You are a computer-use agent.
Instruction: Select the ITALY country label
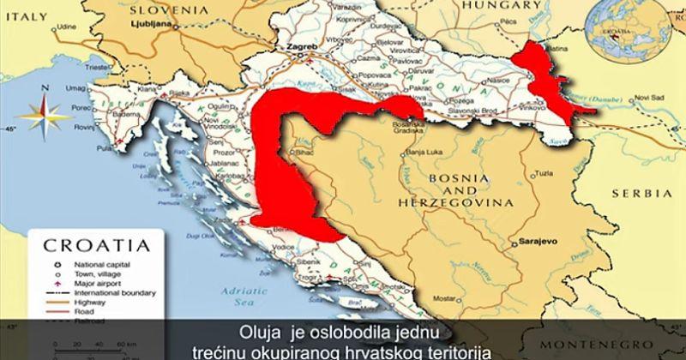pyautogui.click(x=26, y=16)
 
